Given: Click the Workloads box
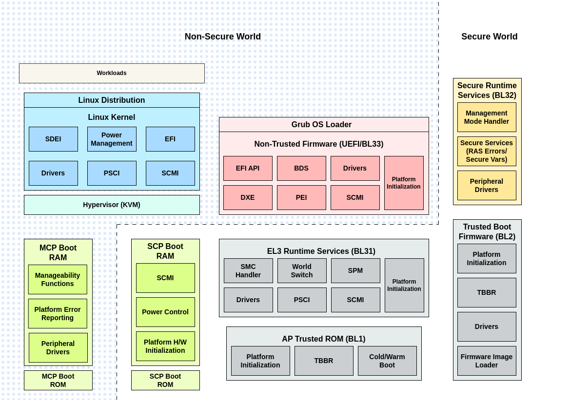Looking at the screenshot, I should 112,73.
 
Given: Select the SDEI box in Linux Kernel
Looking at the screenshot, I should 53,139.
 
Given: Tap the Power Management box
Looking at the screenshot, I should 112,139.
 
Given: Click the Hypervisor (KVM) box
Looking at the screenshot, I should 112,205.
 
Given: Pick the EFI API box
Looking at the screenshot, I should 248,168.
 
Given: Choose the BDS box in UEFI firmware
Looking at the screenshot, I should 301,168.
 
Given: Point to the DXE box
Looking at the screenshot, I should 248,197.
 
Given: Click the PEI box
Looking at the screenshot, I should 301,197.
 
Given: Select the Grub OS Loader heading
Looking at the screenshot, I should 321,124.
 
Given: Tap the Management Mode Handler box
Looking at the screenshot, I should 487,117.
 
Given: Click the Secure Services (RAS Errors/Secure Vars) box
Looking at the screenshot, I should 487,151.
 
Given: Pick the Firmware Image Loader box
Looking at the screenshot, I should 487,361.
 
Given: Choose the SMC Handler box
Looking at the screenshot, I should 248,270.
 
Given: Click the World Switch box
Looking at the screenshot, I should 302,270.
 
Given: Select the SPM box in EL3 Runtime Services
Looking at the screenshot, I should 355,270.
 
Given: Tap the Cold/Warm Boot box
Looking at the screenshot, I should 387,361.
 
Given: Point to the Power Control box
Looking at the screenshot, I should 165,312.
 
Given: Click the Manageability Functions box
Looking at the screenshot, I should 58,279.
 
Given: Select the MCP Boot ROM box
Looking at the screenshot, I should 58,380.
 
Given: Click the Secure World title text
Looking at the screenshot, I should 489,37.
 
